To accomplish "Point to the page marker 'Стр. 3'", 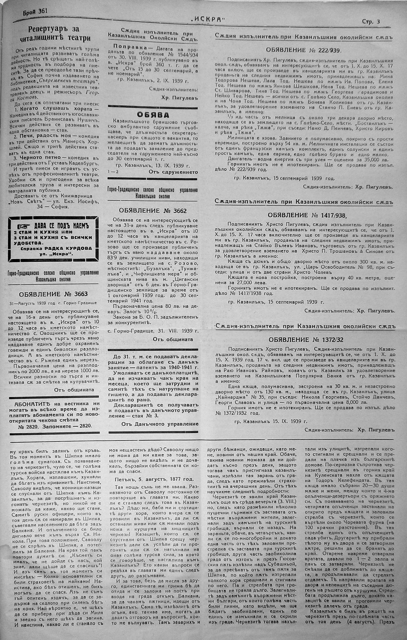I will click(x=371, y=22).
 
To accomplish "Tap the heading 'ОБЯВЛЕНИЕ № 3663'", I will click(x=53, y=294).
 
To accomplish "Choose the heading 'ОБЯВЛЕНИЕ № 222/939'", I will click(x=303, y=50).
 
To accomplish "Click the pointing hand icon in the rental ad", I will click(x=24, y=226).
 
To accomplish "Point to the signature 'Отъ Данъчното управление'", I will click(x=160, y=424).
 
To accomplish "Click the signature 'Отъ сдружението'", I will click(x=173, y=172).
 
